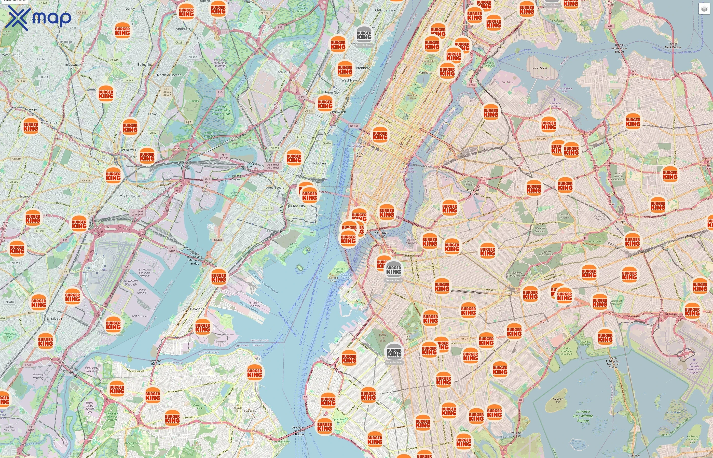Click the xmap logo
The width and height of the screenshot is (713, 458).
tap(38, 18)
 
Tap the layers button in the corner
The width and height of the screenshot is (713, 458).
tap(704, 9)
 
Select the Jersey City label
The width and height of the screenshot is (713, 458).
tap(296, 206)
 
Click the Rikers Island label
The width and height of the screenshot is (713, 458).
tap(539, 68)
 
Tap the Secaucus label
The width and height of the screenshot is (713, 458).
tap(282, 72)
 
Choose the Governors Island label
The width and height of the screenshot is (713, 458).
tap(339, 270)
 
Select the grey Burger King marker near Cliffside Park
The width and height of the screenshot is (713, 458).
tap(364, 35)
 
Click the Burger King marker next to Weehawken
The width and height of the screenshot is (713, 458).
tap(325, 104)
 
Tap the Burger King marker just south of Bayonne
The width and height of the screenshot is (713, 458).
tap(203, 327)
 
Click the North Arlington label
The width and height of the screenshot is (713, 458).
tap(169, 75)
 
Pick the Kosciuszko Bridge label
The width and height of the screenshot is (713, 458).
tap(474, 192)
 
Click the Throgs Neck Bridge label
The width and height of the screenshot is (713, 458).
tap(673, 46)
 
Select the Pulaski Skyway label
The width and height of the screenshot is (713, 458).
tap(237, 178)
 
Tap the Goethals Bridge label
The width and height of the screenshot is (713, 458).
tap(75, 374)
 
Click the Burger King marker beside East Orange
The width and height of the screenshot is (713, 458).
tap(31, 127)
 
